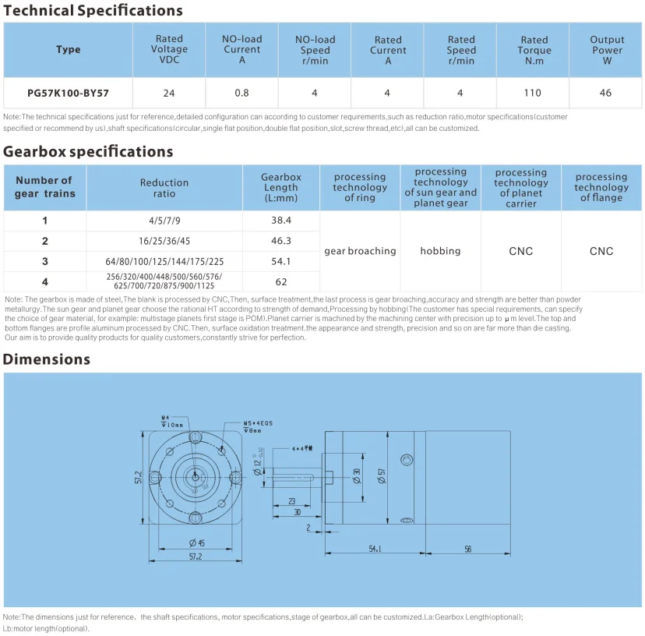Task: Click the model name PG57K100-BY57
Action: (x=68, y=93)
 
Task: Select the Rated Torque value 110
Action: (x=533, y=93)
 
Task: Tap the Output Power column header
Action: (x=606, y=50)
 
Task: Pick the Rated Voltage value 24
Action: (x=169, y=93)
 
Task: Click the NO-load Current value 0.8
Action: (x=241, y=93)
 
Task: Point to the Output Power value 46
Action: (x=606, y=93)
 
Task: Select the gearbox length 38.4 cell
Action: (x=280, y=221)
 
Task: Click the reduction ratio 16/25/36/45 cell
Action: (x=164, y=241)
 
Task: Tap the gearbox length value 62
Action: (x=280, y=281)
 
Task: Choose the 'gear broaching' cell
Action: (x=360, y=251)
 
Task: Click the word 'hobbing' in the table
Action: (x=440, y=251)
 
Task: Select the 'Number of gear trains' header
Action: (x=44, y=187)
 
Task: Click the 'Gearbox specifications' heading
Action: (x=88, y=151)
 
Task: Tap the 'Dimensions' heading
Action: (x=47, y=359)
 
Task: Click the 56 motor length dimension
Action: (x=467, y=549)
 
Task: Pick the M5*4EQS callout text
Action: (x=258, y=423)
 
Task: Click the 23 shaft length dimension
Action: (x=291, y=502)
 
